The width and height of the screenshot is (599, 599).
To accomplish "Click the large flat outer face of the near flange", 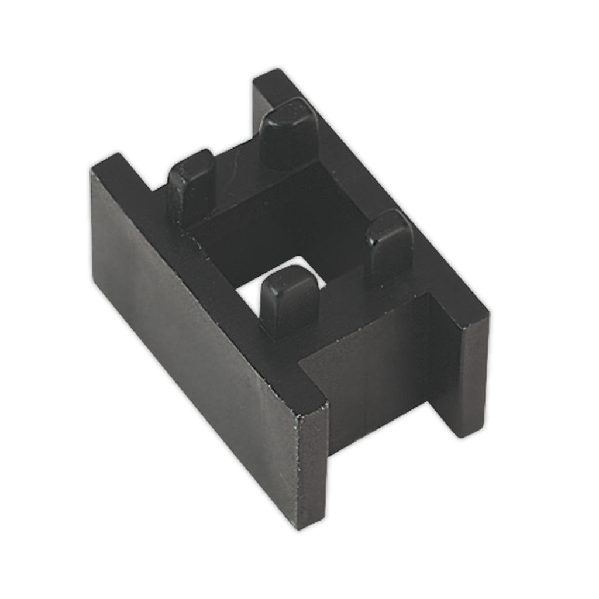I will [x=193, y=328].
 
